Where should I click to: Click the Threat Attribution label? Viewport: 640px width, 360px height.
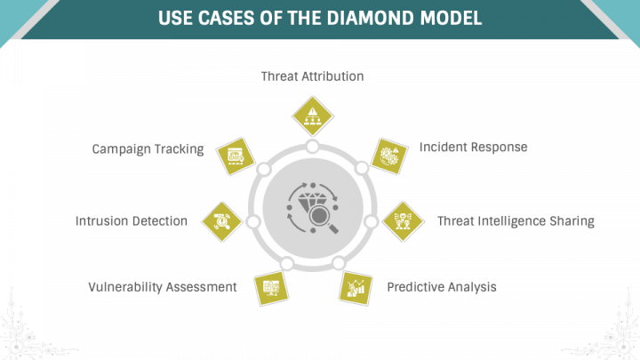[312, 76]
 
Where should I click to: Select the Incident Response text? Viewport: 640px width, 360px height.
[473, 147]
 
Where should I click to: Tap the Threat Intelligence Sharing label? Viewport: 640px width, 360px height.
[515, 220]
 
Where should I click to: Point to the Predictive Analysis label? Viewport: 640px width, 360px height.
[441, 287]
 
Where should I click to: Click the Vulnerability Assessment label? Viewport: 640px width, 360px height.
[163, 287]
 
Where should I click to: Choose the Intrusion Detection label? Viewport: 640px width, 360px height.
[131, 220]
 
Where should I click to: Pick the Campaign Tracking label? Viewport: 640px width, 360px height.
[148, 148]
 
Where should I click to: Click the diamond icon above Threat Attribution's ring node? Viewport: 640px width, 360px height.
[312, 115]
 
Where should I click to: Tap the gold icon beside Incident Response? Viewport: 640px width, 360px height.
[388, 155]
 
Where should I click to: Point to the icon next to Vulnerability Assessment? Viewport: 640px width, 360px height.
[268, 287]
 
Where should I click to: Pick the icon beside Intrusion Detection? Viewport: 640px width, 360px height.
[221, 220]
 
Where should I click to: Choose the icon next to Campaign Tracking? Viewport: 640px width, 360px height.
[236, 155]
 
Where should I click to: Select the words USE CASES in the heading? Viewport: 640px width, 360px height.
[206, 18]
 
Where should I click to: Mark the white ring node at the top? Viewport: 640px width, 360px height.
[312, 147]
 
